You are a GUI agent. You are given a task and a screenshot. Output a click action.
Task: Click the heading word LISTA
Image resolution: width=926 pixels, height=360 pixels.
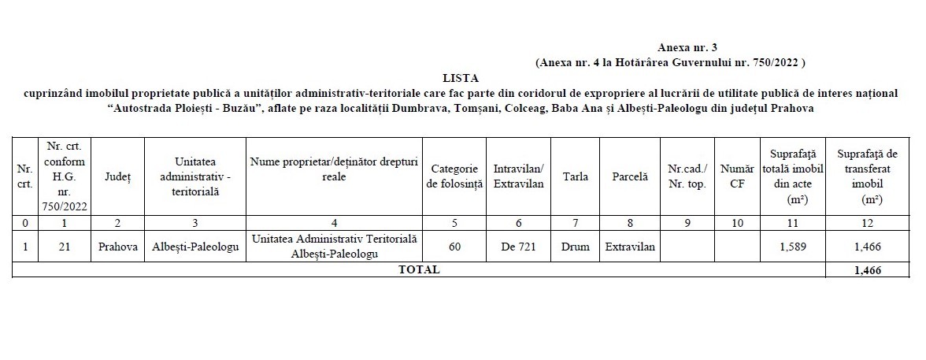461,77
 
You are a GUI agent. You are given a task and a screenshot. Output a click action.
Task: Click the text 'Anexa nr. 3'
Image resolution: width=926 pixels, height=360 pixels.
687,48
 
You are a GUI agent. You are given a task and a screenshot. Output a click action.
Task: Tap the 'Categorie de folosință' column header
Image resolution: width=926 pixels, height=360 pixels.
454,176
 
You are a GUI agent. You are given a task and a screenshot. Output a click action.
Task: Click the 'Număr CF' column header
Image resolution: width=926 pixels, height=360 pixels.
737,176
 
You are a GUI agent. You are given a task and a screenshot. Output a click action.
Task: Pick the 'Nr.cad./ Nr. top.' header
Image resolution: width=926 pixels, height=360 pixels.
687,176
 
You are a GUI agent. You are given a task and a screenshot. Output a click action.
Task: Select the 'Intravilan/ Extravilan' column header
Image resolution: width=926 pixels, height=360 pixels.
518,176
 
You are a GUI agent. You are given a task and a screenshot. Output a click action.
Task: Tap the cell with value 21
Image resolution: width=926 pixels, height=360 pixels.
65,247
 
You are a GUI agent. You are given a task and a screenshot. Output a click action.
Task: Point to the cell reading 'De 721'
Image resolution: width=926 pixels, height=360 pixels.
518,247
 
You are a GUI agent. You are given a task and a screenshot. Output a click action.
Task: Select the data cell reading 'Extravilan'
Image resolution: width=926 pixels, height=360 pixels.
630,247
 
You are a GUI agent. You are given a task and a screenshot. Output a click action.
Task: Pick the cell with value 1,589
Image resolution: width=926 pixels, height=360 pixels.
792,247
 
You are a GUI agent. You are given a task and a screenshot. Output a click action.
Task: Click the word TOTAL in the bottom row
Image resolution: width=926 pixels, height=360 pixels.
420,269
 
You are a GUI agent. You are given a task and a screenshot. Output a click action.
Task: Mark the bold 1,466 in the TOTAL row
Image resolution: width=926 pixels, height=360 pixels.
866,269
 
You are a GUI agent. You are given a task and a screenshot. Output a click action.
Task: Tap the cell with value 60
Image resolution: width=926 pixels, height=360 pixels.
454,247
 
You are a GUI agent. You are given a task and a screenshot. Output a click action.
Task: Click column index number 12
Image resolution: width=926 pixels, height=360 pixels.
866,223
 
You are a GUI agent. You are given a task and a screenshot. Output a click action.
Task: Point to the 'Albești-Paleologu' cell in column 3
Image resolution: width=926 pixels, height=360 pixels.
195,247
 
